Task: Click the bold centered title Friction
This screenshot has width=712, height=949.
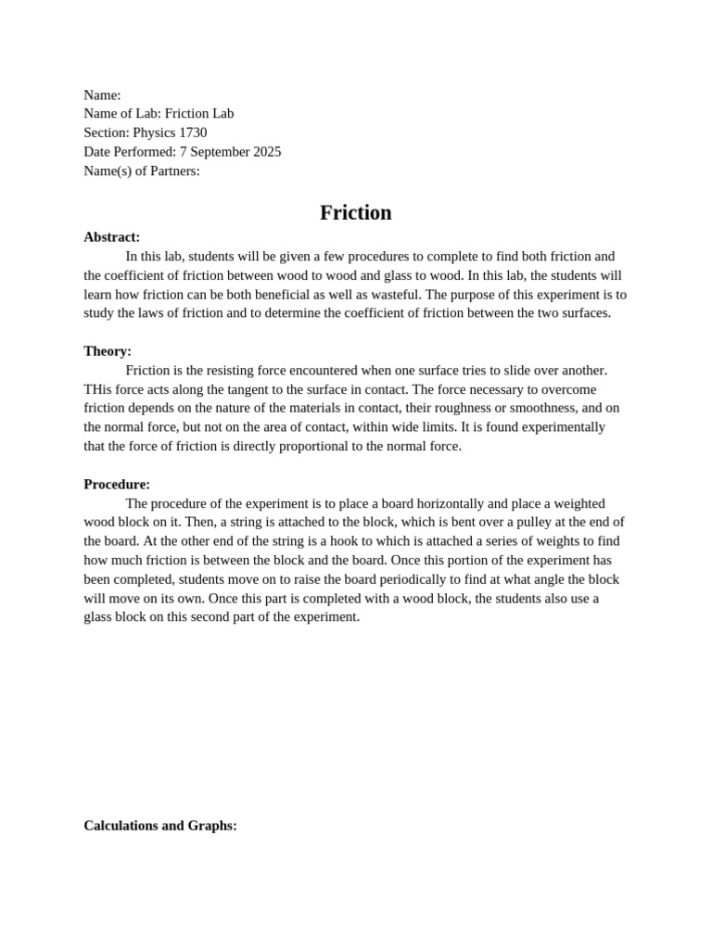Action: pyautogui.click(x=356, y=213)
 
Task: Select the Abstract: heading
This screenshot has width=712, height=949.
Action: pyautogui.click(x=112, y=237)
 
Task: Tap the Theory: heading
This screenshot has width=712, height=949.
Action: pyautogui.click(x=108, y=351)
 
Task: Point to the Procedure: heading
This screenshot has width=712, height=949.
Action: pyautogui.click(x=117, y=484)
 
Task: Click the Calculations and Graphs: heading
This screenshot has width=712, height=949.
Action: pyautogui.click(x=160, y=826)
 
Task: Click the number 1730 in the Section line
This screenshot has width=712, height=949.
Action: pyautogui.click(x=193, y=133)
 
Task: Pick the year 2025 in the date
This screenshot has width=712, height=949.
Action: pyautogui.click(x=266, y=152)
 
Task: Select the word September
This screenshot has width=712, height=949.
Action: pyautogui.click(x=220, y=152)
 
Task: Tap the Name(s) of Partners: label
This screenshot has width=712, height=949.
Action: pyautogui.click(x=142, y=171)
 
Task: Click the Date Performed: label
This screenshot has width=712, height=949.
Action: pyautogui.click(x=130, y=152)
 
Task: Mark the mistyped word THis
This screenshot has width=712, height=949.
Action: pyautogui.click(x=98, y=389)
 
